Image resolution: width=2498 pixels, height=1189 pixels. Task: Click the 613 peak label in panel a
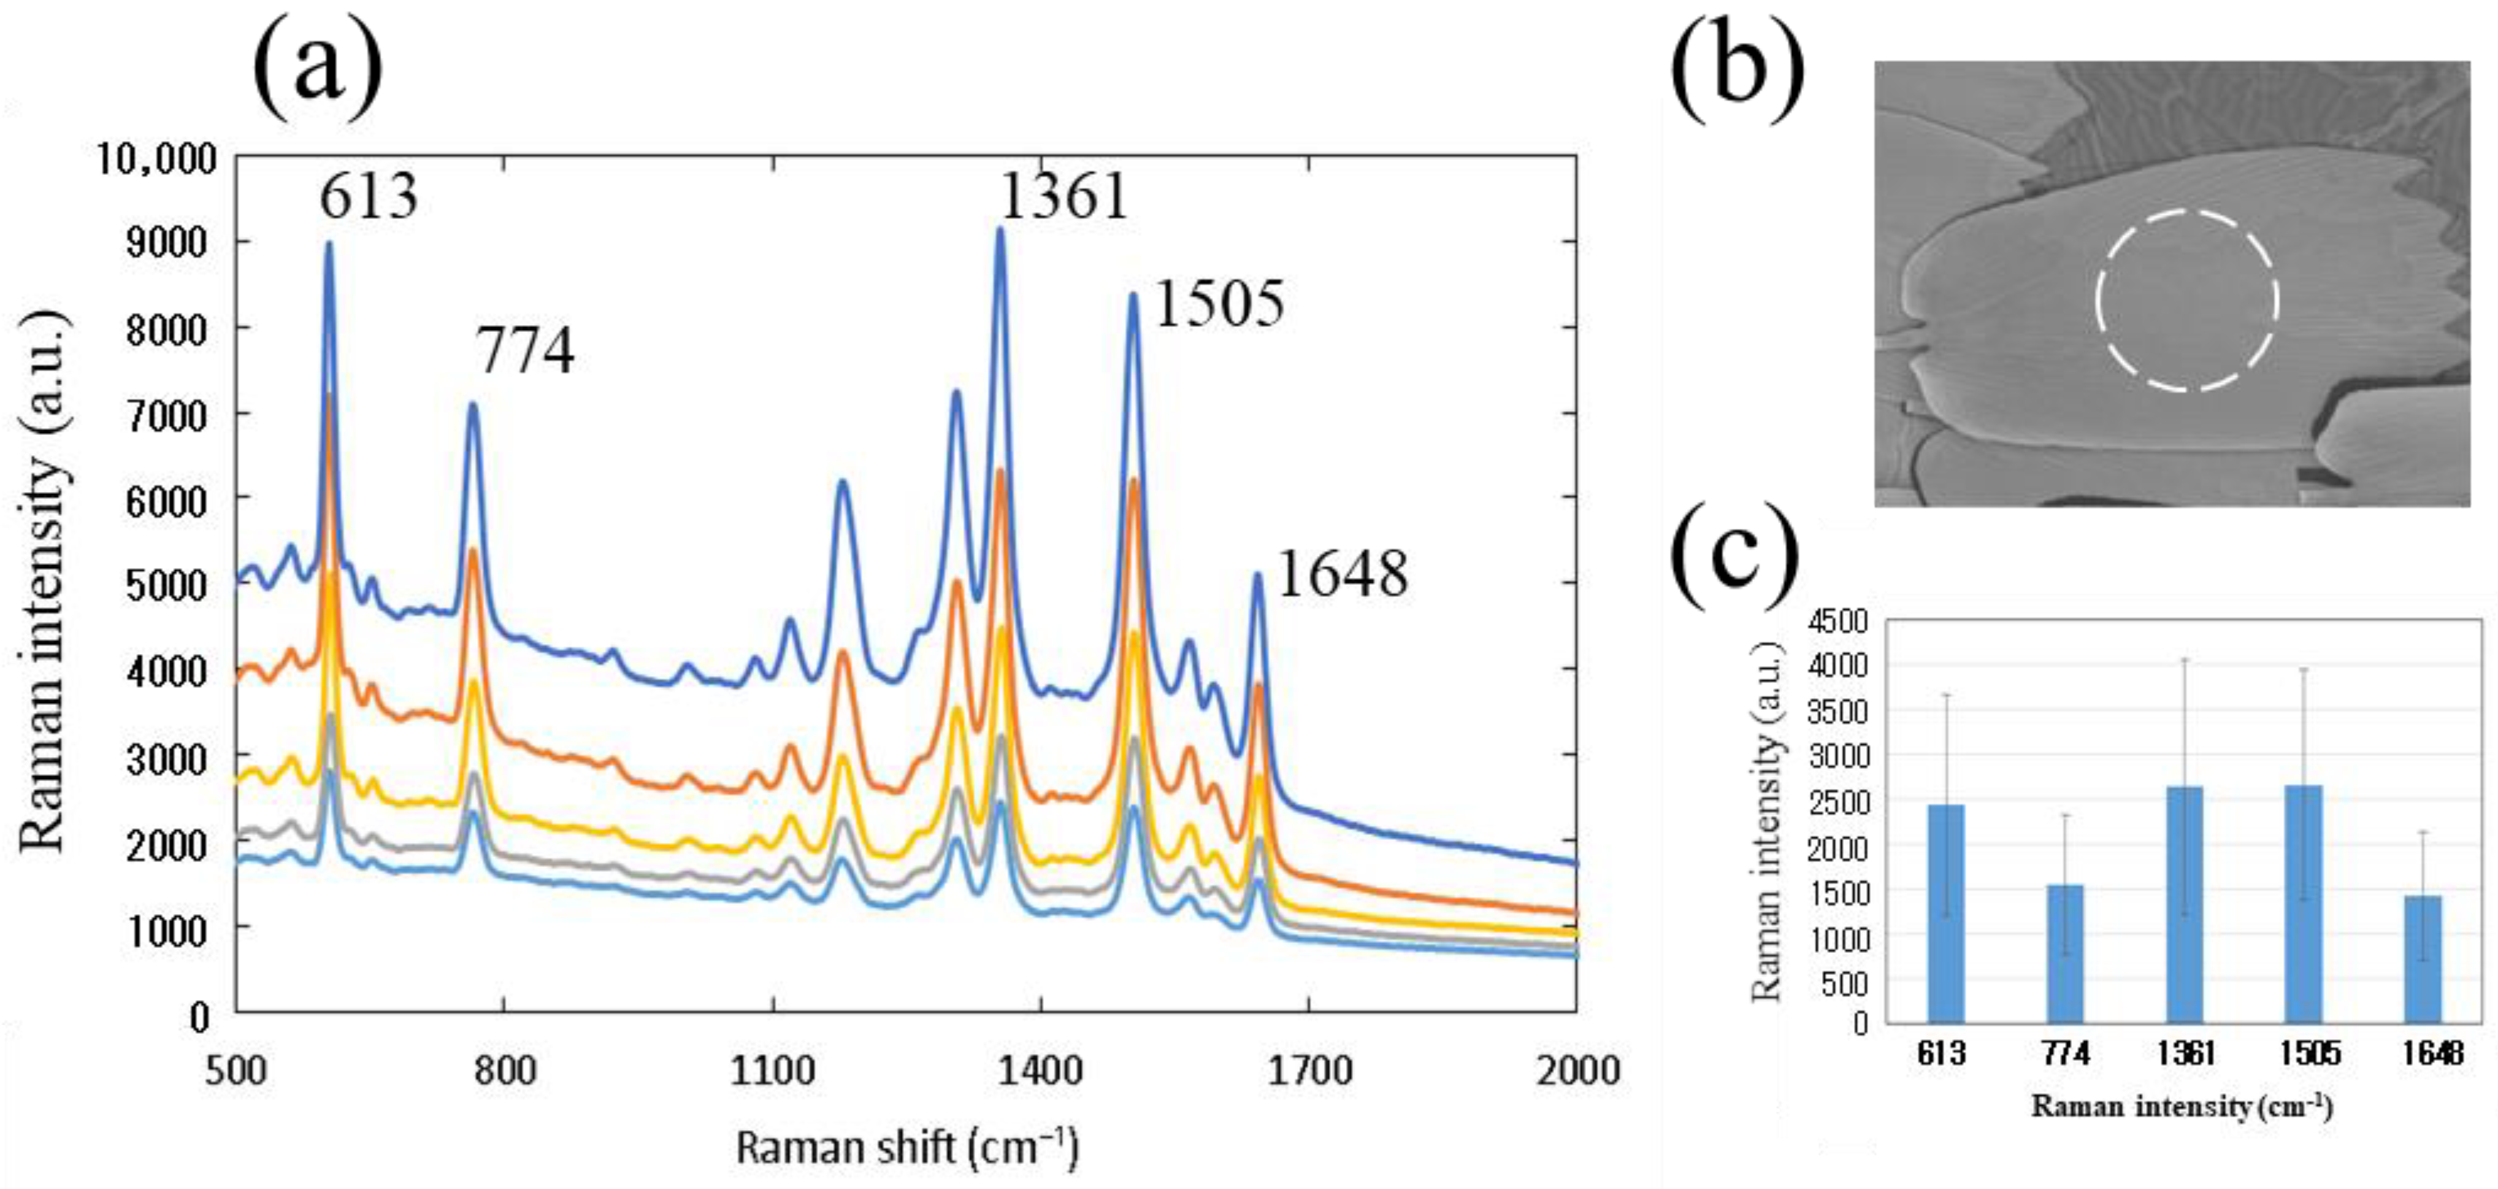369,198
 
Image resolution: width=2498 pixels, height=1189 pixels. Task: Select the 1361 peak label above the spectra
1064,197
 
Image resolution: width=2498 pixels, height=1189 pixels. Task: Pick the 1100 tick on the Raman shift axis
772,1071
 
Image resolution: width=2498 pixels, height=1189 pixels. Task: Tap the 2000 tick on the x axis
1575,1071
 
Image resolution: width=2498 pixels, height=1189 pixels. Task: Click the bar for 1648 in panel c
2423,959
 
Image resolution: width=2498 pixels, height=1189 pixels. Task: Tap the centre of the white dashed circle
2186,301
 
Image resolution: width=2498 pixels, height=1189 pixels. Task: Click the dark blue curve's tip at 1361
1000,231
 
